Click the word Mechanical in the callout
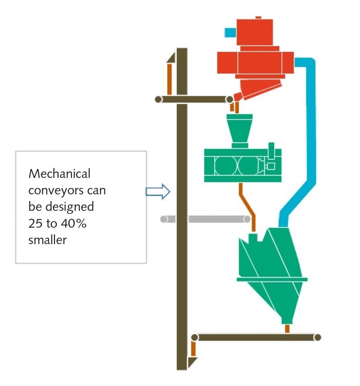tap(59, 173)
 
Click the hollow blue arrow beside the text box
tap(157, 192)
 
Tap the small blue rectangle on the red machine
tap(230, 32)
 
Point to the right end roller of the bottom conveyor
tap(318, 337)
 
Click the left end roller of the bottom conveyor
tap(195, 337)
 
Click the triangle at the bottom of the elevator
tap(192, 362)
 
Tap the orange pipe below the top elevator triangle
tap(170, 79)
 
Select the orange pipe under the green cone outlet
tap(287, 329)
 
